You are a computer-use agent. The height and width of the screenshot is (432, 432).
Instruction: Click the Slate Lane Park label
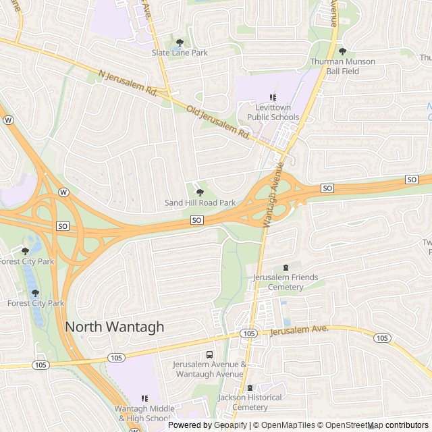pyautogui.click(x=180, y=53)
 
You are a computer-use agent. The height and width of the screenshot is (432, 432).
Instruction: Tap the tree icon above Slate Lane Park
pyautogui.click(x=180, y=43)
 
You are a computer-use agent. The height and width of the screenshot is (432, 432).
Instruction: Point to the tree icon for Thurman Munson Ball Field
pyautogui.click(x=342, y=51)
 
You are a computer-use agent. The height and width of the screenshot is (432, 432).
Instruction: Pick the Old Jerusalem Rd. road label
pyautogui.click(x=219, y=122)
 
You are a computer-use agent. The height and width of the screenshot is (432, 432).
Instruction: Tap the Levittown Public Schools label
pyautogui.click(x=273, y=112)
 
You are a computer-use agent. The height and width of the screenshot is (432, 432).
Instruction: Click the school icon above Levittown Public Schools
pyautogui.click(x=273, y=97)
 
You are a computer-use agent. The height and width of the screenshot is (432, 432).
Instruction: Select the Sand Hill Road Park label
pyautogui.click(x=200, y=202)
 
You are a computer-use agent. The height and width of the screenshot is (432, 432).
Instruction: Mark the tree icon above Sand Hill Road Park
pyautogui.click(x=200, y=192)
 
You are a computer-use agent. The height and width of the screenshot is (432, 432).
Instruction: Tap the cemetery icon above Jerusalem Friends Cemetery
pyautogui.click(x=286, y=268)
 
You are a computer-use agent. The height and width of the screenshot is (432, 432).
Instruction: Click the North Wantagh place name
pyautogui.click(x=115, y=327)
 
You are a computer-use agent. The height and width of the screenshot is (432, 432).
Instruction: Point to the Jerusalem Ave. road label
pyautogui.click(x=298, y=330)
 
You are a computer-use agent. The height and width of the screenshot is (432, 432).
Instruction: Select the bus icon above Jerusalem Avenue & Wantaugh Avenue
pyautogui.click(x=209, y=355)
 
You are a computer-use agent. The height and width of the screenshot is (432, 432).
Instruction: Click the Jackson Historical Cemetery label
pyautogui.click(x=250, y=402)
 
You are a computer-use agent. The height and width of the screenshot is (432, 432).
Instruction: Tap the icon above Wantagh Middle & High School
pyautogui.click(x=144, y=398)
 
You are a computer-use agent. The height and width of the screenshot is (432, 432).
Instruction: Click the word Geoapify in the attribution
pyautogui.click(x=231, y=425)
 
